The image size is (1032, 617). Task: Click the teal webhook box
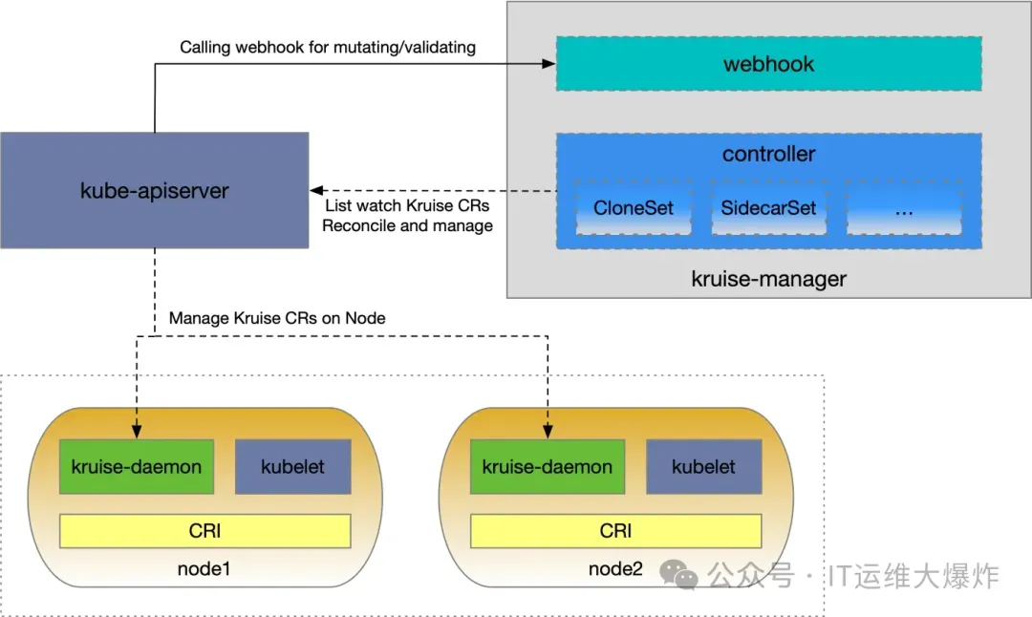coord(769,64)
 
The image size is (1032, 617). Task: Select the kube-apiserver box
coord(154,190)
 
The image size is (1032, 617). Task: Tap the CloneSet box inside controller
coord(634,208)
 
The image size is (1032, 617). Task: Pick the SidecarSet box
coord(769,208)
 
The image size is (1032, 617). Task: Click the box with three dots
coord(905,208)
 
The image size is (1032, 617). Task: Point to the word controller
coord(769,154)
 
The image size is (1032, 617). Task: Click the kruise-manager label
coord(768,280)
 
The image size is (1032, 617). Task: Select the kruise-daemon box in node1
coord(137,467)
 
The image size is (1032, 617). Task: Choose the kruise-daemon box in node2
coord(548,467)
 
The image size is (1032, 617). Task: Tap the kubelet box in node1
coord(292,467)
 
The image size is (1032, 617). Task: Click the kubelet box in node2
coord(704,467)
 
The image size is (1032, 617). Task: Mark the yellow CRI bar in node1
coord(205,530)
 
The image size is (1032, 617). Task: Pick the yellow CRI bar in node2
coord(616,530)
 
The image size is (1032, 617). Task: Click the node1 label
coord(204,569)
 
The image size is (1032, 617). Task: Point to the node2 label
coord(615,569)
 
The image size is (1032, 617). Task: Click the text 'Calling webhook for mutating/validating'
coord(328,47)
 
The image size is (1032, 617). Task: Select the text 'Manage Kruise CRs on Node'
coord(277,318)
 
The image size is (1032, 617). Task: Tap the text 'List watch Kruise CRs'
coord(407,206)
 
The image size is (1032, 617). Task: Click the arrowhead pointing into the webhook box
coord(549,64)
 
